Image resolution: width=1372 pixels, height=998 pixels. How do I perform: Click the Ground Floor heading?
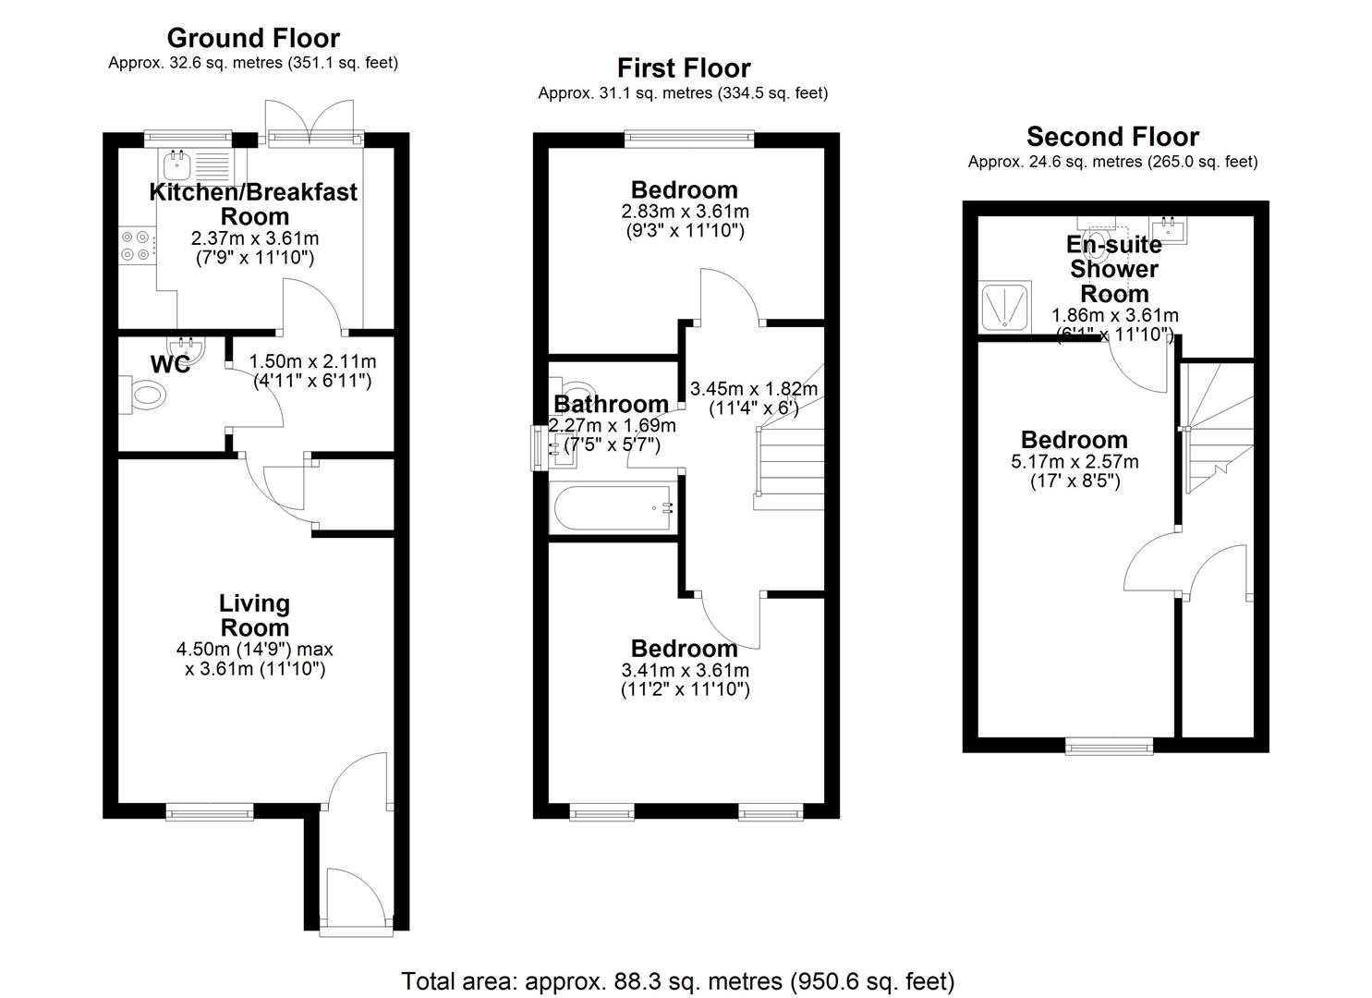[x=253, y=38]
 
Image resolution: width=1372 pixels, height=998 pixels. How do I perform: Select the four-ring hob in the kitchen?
[x=136, y=245]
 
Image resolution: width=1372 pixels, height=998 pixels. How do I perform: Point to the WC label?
[x=170, y=364]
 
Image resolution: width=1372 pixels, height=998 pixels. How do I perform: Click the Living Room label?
[x=254, y=615]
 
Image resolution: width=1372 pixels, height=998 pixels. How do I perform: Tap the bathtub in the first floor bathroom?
[x=613, y=508]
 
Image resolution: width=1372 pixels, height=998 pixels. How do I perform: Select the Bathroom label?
[x=611, y=405]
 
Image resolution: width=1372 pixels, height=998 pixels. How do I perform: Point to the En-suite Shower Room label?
[x=1113, y=269]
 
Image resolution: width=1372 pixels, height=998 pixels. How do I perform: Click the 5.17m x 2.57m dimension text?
[x=1075, y=461]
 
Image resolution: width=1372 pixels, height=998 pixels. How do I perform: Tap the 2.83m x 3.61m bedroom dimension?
[x=685, y=212]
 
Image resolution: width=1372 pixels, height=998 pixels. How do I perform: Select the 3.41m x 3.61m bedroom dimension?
[x=685, y=670]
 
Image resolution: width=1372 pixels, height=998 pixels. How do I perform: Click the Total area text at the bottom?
[x=677, y=980]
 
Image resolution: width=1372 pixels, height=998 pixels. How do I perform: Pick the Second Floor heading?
[x=1112, y=137]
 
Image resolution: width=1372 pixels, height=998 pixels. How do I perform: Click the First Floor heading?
[x=684, y=68]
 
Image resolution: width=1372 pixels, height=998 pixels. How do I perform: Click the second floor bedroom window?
[x=1109, y=746]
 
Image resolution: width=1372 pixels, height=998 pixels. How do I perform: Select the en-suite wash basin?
[x=1169, y=230]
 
